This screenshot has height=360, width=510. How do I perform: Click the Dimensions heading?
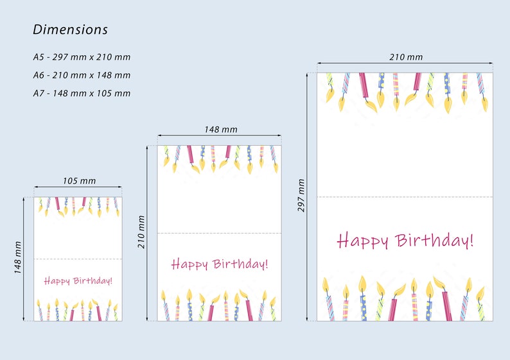pos(71,30)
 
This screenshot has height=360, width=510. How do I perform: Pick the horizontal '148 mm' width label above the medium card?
pos(220,129)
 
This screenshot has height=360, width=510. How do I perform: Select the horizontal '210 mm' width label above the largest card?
pos(406,56)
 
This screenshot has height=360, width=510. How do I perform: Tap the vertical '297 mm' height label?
pos(302,196)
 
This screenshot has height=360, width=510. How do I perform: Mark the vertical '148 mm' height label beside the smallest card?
pos(19,258)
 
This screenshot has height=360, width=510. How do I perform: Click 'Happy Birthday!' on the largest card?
pos(405,241)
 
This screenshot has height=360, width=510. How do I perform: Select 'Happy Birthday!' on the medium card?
pos(220,264)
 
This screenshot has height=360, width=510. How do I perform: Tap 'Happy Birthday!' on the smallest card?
pos(78,280)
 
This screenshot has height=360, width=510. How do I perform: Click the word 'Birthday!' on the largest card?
pos(435,241)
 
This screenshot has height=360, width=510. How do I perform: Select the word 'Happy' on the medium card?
pos(190,264)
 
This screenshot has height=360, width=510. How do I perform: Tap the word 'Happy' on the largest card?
pos(363,242)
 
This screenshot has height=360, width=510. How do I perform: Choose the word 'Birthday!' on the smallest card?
pos(92,280)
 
